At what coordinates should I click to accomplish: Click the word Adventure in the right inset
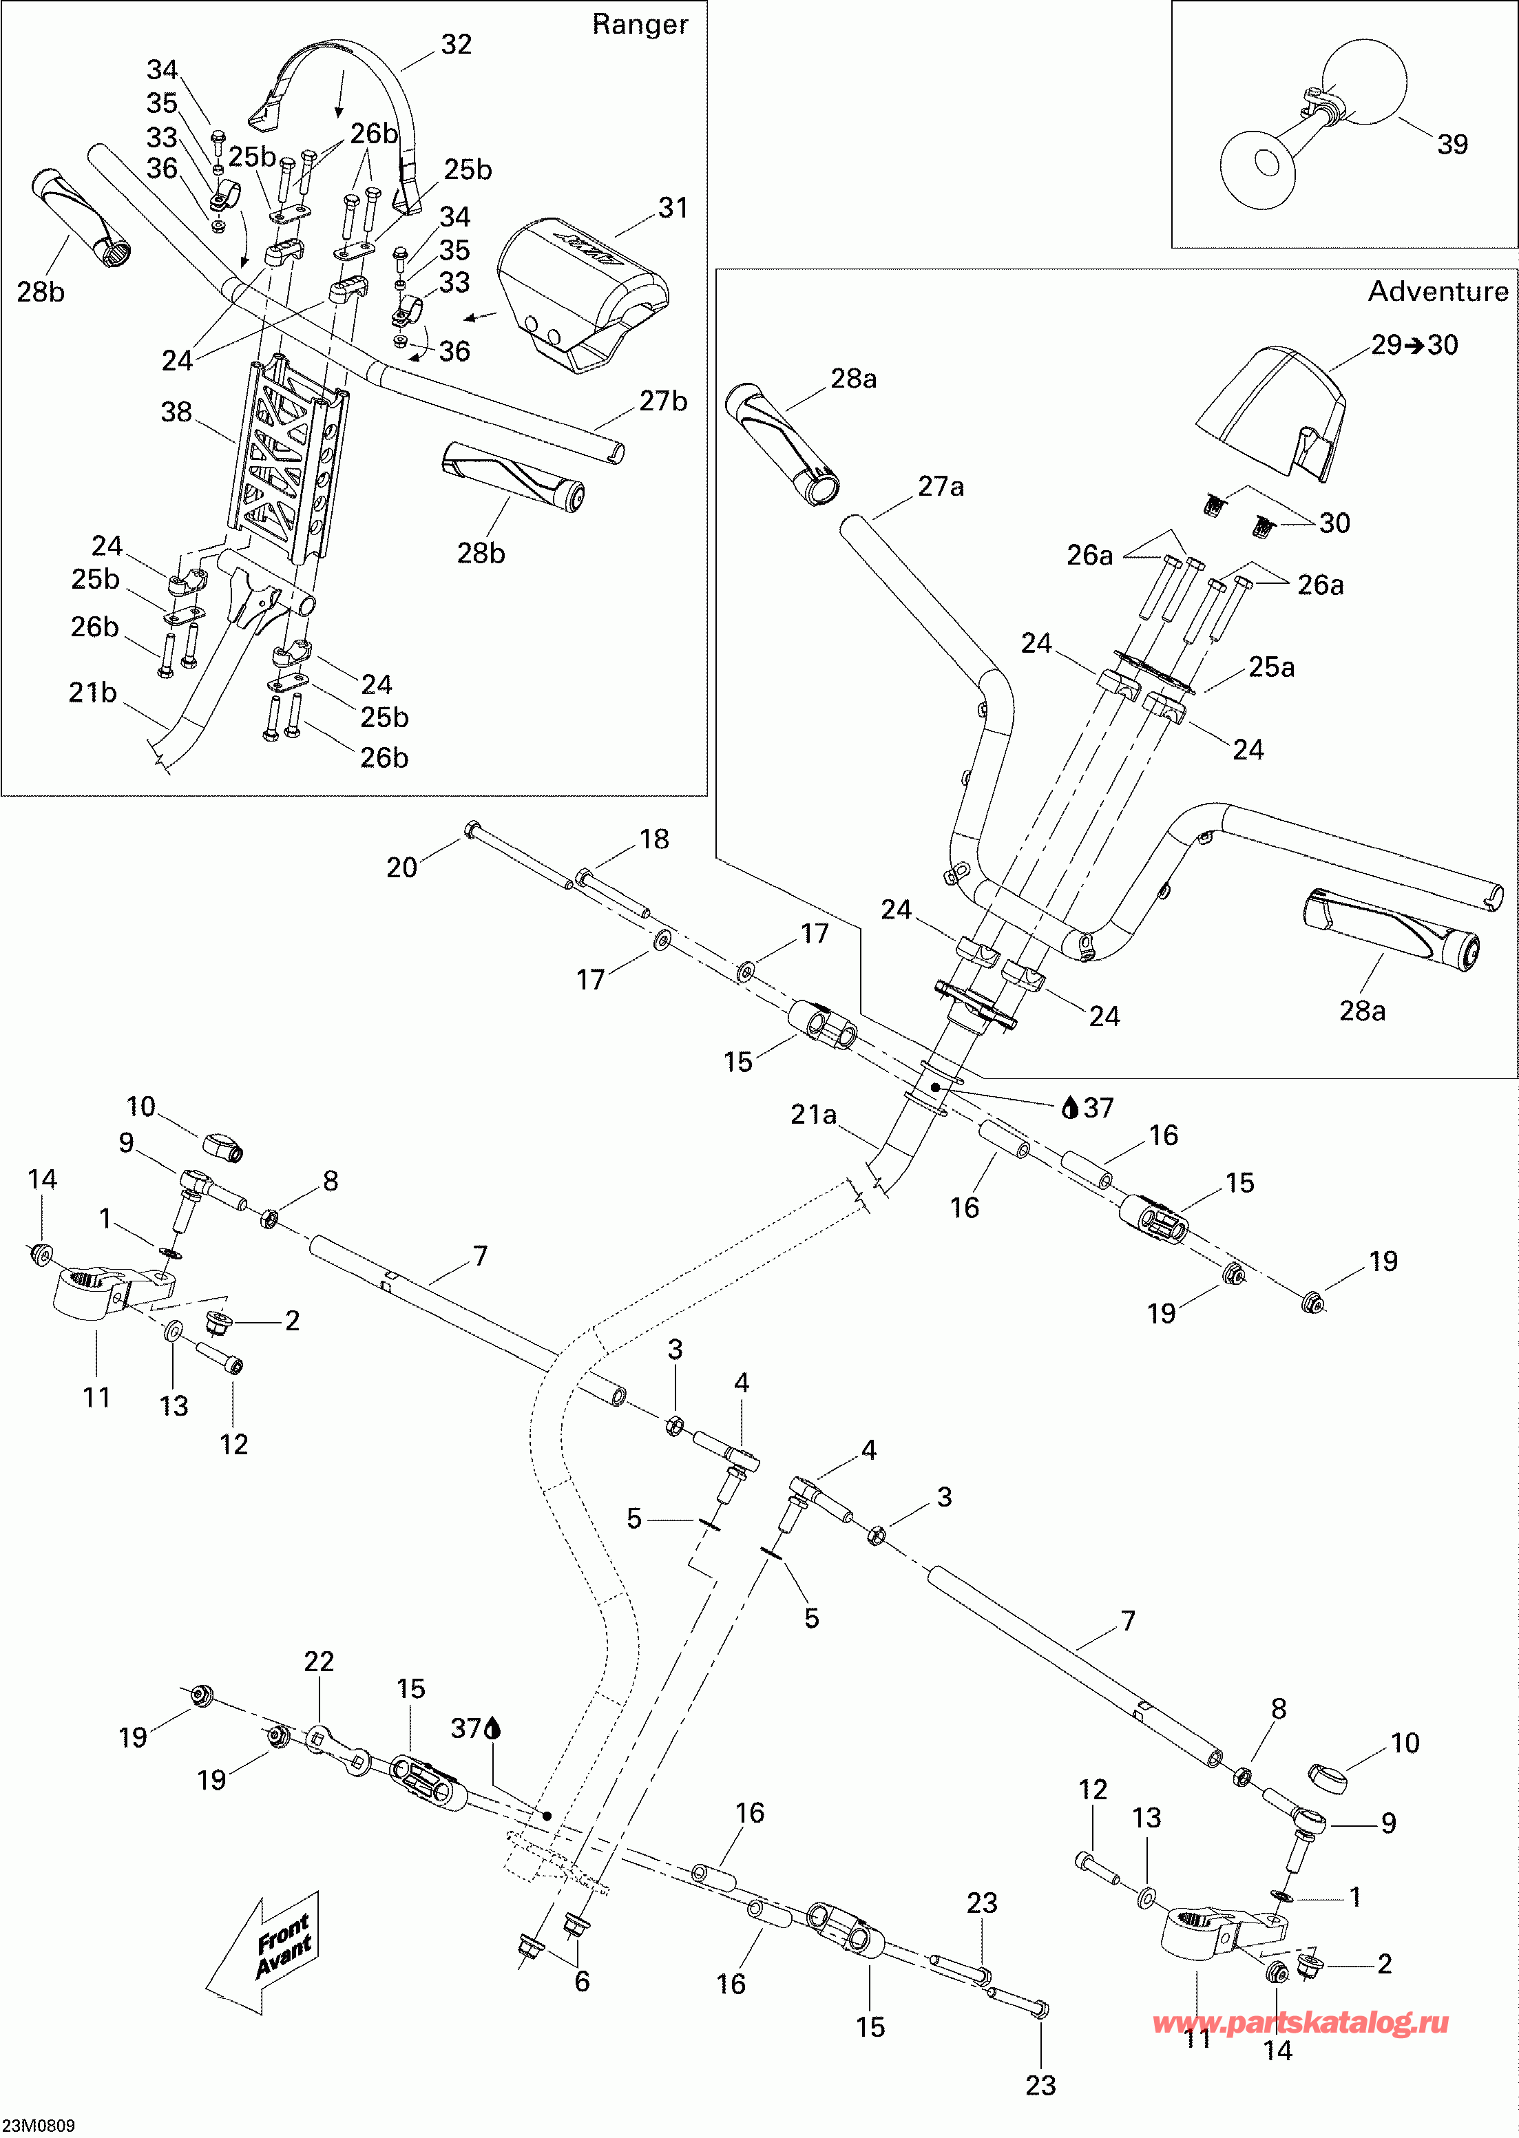(1438, 292)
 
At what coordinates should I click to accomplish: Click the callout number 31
(673, 208)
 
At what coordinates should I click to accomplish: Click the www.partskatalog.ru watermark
(1300, 2022)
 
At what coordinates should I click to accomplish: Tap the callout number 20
(401, 867)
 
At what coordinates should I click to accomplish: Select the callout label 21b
(92, 692)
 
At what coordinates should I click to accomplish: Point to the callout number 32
(456, 44)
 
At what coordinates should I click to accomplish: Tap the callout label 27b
(663, 401)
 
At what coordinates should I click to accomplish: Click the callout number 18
(654, 839)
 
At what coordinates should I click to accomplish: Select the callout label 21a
(813, 1114)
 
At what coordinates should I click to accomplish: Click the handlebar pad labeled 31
(580, 290)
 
